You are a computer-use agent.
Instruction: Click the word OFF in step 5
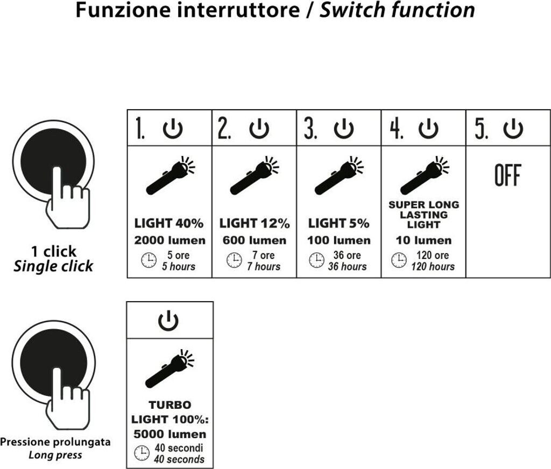508,176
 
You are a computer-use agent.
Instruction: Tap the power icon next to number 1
173,129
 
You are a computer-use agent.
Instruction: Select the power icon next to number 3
344,129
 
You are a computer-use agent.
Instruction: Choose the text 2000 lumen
170,240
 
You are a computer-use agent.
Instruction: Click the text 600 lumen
255,240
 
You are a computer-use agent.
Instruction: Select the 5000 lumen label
170,434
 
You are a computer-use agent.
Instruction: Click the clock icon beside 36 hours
316,261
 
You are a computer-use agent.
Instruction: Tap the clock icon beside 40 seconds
142,453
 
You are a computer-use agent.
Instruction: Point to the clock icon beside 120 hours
399,261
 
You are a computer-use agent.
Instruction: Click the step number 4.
397,130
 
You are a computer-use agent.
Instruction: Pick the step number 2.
224,130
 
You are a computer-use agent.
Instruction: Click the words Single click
53,266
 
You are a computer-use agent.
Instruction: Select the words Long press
55,456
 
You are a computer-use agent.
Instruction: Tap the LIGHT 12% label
255,223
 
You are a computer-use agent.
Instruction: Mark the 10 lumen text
423,240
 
